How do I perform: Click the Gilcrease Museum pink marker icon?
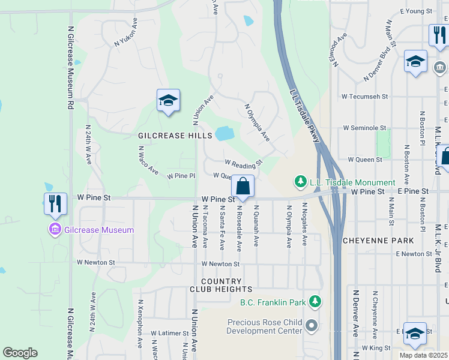click(x=55, y=229)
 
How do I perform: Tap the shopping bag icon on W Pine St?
click(x=243, y=186)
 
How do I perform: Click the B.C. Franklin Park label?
click(x=274, y=303)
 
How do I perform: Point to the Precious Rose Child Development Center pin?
click(x=311, y=326)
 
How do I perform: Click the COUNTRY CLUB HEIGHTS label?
click(x=221, y=285)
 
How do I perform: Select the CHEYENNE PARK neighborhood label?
click(x=378, y=240)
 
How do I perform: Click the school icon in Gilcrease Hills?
click(x=168, y=101)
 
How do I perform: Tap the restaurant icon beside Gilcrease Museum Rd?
click(x=55, y=205)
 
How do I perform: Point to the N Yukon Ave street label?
click(x=127, y=35)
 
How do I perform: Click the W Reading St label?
click(x=244, y=163)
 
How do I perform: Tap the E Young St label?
click(x=416, y=11)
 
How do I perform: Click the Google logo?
click(x=20, y=353)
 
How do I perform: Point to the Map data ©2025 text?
click(x=423, y=355)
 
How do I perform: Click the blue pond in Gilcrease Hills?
click(x=224, y=133)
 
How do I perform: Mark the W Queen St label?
click(x=365, y=160)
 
